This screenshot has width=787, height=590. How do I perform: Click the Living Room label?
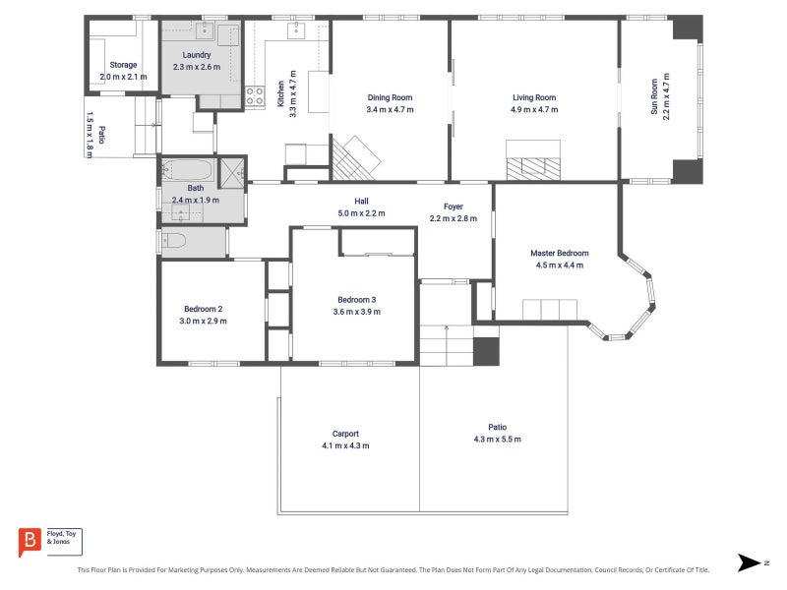534,97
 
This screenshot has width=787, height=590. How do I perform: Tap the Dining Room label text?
390,97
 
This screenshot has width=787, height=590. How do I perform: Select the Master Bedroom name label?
560,254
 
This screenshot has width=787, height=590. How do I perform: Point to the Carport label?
346,434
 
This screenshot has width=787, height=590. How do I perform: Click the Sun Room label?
654,96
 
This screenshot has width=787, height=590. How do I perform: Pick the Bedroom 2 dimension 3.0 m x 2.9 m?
204,322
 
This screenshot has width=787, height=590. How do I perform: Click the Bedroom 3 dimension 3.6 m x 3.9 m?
357,312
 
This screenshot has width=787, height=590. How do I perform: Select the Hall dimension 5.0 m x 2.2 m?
361,213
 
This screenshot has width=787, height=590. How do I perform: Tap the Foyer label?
454,206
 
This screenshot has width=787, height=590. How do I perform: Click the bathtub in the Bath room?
188,170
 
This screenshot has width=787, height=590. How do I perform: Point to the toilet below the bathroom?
174,241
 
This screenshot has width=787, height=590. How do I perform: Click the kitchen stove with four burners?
255,96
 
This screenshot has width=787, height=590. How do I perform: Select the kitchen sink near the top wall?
297,30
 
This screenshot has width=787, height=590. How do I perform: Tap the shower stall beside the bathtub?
232,173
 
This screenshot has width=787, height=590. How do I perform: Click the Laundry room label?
197,55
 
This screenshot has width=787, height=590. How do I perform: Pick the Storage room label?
124,65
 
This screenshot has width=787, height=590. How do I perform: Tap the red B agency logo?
30,542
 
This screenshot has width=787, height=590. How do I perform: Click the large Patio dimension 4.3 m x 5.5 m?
498,440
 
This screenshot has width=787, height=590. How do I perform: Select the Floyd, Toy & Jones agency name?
61,538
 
